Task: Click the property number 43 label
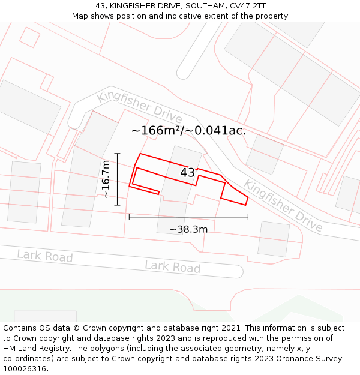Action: (187, 173)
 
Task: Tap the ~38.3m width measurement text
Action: (188, 229)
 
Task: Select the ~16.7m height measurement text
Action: (106, 179)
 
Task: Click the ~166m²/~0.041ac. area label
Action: (188, 130)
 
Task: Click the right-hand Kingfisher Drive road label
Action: (283, 206)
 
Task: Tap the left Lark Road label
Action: (44, 256)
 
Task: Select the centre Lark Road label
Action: (172, 267)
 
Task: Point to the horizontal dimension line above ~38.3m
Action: (188, 217)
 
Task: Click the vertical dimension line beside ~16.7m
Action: (118, 179)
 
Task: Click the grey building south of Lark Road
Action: (45, 316)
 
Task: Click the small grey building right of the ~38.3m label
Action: (274, 239)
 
